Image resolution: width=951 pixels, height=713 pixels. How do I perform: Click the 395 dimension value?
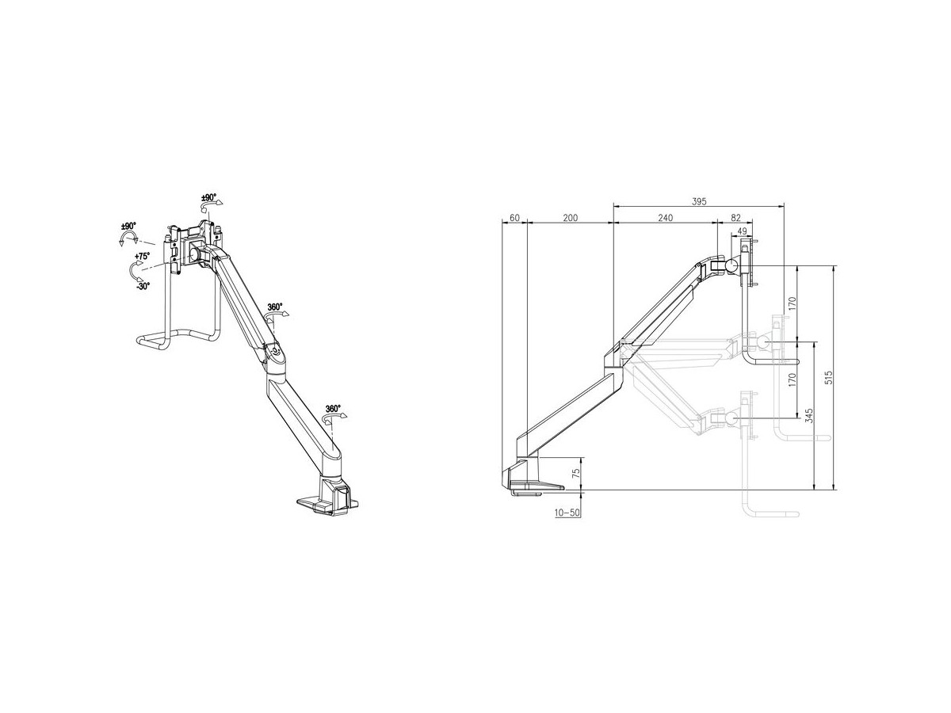(x=699, y=201)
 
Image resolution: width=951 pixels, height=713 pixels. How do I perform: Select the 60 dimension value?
(x=514, y=218)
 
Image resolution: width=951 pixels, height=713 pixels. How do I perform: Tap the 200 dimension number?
(x=570, y=218)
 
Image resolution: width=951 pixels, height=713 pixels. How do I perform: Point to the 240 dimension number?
(x=665, y=218)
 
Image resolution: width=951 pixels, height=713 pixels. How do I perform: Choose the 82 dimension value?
(x=735, y=218)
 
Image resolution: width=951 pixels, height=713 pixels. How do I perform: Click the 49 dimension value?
(x=742, y=231)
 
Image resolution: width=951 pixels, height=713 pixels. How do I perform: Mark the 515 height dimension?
(x=828, y=377)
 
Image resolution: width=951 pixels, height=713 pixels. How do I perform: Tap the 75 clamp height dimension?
(x=576, y=473)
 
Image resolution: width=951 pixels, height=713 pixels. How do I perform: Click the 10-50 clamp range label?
(x=567, y=513)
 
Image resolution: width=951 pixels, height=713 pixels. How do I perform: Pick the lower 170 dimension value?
(x=792, y=379)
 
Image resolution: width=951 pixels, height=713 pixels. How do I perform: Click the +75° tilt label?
(x=142, y=256)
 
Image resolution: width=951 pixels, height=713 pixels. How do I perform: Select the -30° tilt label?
(x=143, y=286)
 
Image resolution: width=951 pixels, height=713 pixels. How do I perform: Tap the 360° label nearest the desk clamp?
(x=333, y=408)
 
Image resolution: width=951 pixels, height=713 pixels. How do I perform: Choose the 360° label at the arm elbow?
(x=275, y=307)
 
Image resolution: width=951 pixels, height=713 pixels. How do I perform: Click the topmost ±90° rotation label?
(x=209, y=197)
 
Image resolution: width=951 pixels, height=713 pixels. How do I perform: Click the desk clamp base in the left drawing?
(x=328, y=496)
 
